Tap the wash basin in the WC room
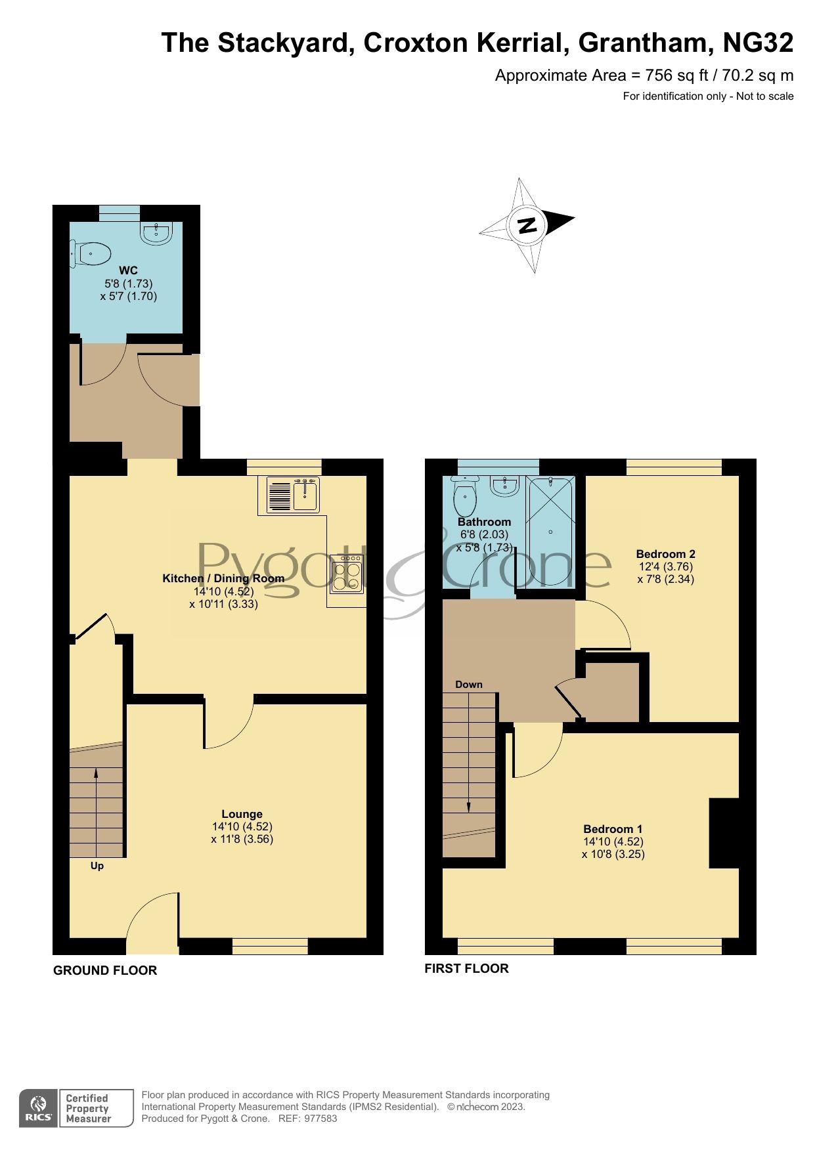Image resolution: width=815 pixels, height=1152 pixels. tap(157, 233)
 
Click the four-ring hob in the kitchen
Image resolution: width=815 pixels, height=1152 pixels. tap(347, 573)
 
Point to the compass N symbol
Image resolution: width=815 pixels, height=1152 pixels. tap(527, 225)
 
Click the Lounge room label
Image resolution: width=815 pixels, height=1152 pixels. tap(242, 814)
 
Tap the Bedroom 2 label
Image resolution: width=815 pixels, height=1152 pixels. tap(665, 554)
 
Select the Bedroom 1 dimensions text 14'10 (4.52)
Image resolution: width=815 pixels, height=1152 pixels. tap(613, 842)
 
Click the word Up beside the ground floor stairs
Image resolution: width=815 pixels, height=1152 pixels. tap(97, 866)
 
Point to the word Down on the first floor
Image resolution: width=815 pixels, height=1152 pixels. tap(469, 685)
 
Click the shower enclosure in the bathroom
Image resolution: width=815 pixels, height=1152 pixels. tap(551, 530)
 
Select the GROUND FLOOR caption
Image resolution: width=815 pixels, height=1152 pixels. tap(105, 970)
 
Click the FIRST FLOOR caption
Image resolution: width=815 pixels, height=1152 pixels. tap(466, 968)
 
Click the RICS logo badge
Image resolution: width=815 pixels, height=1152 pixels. tap(39, 1108)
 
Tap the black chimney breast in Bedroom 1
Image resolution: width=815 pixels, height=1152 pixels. tap(724, 833)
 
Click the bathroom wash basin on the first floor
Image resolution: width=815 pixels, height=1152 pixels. tap(506, 486)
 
